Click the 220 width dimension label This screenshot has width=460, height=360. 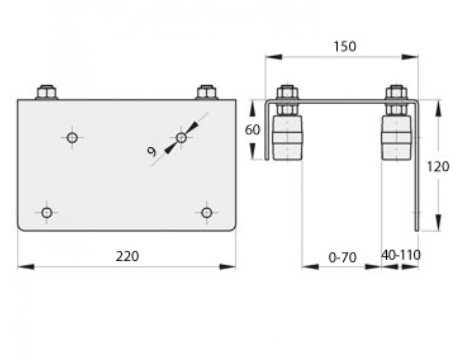[127, 256]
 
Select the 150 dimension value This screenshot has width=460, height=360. [345, 46]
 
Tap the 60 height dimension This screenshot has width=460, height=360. [252, 130]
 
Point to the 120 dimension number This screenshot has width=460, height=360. [438, 166]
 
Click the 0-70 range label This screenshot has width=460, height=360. [342, 257]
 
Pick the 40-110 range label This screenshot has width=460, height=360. [401, 255]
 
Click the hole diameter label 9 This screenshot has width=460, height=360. [152, 152]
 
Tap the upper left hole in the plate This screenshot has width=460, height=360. [72, 137]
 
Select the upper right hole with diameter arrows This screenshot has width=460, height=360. [181, 137]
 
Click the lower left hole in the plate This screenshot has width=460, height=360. [47, 212]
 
